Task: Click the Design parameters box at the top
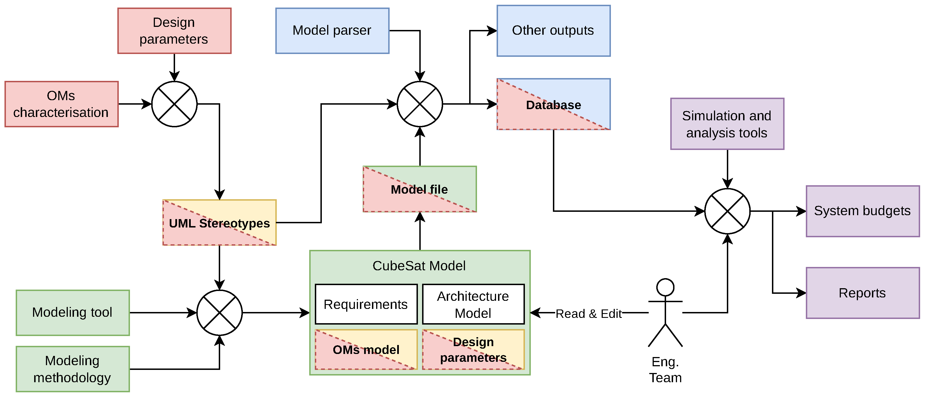(x=174, y=31)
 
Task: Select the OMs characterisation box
(x=61, y=104)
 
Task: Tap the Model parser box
(x=332, y=31)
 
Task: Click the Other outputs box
(x=553, y=31)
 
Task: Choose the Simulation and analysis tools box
(x=727, y=124)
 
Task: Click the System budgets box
(x=862, y=211)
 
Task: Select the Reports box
(x=862, y=293)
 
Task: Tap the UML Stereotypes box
(x=219, y=223)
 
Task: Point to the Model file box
(x=420, y=189)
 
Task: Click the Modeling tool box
(x=73, y=313)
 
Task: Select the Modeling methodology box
(x=73, y=369)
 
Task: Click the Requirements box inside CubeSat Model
(x=366, y=304)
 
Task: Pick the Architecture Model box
(x=473, y=304)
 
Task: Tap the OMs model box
(x=366, y=349)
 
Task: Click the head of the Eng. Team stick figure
(x=665, y=287)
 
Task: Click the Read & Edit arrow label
(x=588, y=314)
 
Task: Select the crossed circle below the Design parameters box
(x=174, y=104)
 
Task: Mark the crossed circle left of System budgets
(x=727, y=211)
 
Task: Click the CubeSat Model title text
(x=419, y=266)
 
